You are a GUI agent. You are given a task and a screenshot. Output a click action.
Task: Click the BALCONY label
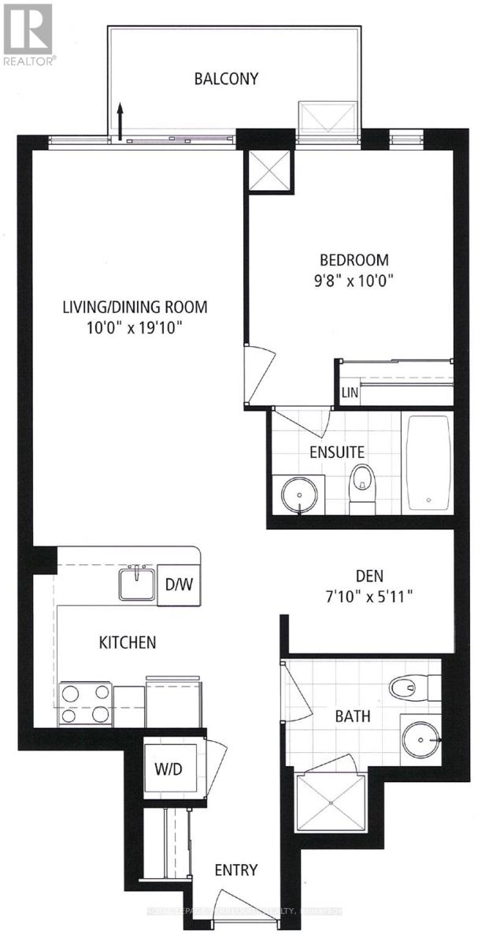227,78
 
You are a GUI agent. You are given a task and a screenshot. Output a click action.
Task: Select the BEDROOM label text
354,260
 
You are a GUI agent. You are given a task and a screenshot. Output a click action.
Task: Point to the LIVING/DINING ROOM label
135,307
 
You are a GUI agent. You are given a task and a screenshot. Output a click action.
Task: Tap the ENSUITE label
337,453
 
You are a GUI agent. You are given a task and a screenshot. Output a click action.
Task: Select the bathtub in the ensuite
428,462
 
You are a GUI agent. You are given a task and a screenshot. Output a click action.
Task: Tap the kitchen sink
136,584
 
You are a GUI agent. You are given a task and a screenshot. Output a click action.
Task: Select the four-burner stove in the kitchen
86,702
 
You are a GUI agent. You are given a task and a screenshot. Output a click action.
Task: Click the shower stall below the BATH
331,802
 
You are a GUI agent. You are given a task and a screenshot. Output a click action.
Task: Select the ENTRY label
236,870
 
